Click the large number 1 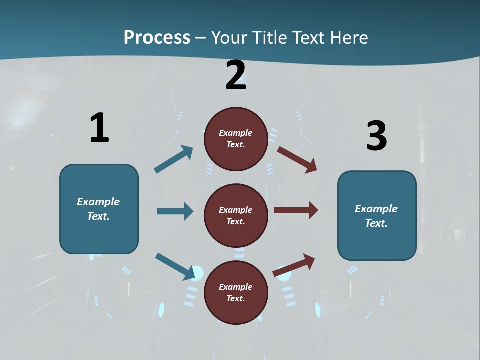[99, 128]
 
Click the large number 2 [236, 75]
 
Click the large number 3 [376, 136]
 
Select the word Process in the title [157, 37]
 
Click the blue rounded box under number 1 [99, 209]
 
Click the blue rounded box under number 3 [377, 216]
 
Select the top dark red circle [236, 139]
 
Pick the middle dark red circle [236, 216]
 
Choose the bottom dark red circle [236, 293]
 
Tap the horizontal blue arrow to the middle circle [175, 211]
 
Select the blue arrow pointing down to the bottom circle [175, 266]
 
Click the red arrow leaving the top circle [297, 159]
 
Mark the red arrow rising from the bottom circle [294, 265]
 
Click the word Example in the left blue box [98, 202]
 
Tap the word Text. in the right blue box [376, 223]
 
